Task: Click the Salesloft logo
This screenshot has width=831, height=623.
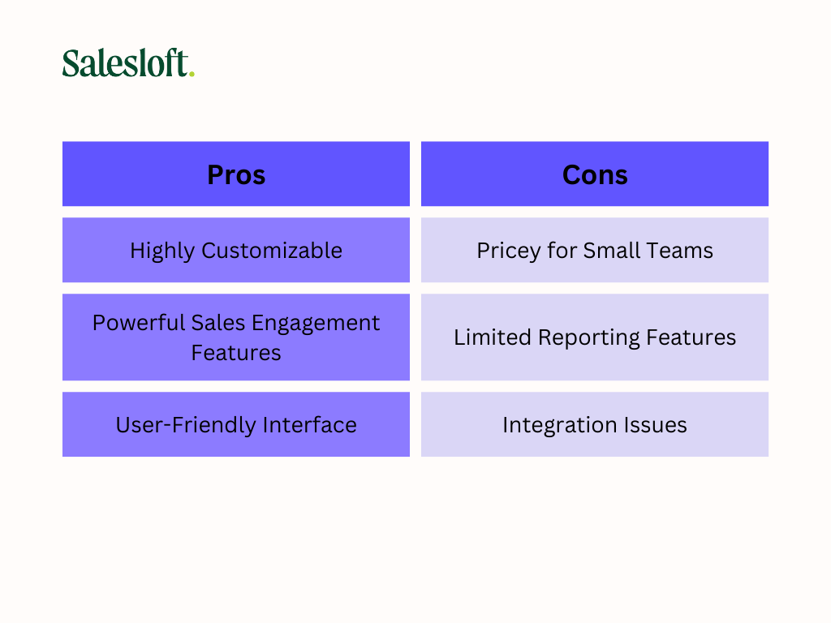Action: (128, 63)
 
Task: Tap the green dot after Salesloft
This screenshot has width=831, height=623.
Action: (192, 74)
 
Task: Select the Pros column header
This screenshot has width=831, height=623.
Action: (236, 174)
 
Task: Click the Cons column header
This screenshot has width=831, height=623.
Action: (595, 174)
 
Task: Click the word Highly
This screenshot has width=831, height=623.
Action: (162, 251)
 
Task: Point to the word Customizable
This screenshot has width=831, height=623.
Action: (272, 250)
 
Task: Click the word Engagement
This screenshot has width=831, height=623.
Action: (316, 324)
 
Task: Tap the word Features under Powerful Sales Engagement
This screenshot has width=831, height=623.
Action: (236, 353)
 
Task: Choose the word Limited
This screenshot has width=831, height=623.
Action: (493, 337)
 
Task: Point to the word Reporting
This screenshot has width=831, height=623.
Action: (589, 338)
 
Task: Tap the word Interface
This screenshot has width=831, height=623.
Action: (309, 425)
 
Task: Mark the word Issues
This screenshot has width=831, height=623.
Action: (655, 425)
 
